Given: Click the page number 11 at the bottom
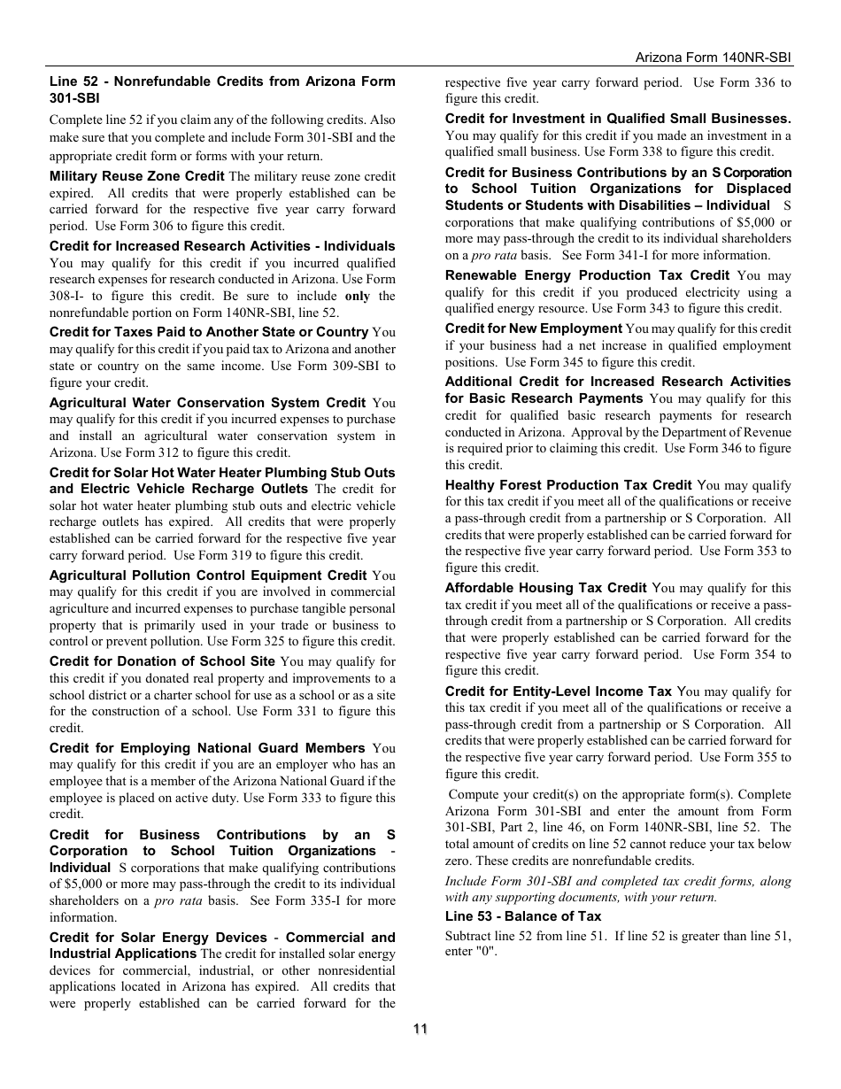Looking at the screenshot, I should [x=420, y=1028].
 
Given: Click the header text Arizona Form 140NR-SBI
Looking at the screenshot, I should [x=713, y=57].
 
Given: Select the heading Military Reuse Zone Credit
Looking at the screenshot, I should [x=136, y=176].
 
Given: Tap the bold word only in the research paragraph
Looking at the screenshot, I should [x=357, y=296].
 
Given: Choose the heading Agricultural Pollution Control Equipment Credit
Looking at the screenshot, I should [x=208, y=575].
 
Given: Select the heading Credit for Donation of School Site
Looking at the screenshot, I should [x=162, y=661].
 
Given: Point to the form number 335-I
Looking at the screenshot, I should [x=314, y=900].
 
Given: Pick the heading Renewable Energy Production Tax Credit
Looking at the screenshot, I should [x=587, y=275].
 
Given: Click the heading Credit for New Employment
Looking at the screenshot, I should [x=533, y=328].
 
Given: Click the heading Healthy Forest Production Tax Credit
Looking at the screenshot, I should [x=568, y=485].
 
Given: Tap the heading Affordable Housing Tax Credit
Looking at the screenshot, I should [x=545, y=588].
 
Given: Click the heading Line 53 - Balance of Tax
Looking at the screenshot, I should [x=522, y=916].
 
